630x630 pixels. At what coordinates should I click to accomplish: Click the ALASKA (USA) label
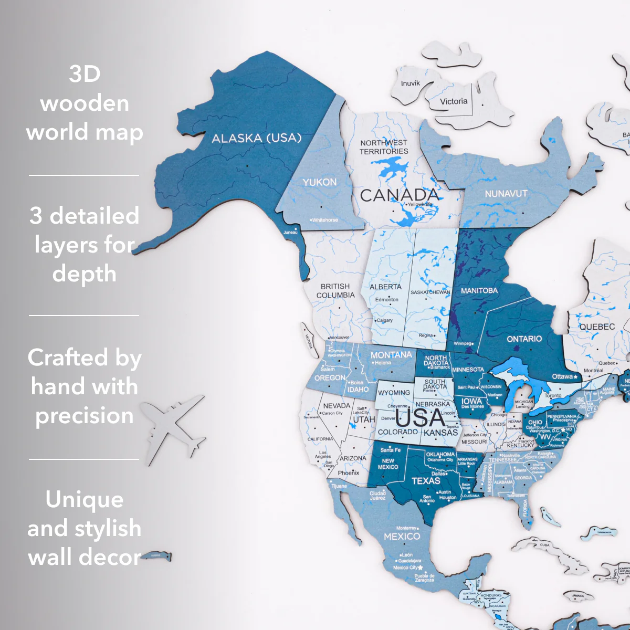[x=257, y=138]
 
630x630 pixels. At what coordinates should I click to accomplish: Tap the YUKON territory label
[x=319, y=182]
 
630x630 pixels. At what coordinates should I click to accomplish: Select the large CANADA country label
[x=399, y=195]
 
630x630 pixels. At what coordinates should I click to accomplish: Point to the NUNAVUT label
[x=506, y=194]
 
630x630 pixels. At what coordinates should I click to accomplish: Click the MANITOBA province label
[x=479, y=290]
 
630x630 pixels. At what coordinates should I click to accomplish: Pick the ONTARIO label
[x=524, y=339]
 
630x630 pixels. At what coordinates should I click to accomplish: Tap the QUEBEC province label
[x=597, y=327]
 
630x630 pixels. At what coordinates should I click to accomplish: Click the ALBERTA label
[x=385, y=287]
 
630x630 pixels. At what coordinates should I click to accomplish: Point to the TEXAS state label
[x=426, y=480]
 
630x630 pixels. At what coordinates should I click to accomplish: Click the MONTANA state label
[x=391, y=355]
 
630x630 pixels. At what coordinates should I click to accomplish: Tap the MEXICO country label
[x=402, y=537]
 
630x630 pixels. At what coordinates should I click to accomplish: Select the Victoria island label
[x=453, y=101]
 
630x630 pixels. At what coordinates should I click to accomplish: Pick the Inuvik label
[x=410, y=83]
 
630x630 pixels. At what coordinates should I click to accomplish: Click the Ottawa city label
[x=562, y=376]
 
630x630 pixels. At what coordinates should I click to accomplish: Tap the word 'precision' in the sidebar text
[x=84, y=415]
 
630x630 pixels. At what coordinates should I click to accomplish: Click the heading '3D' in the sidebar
[x=85, y=73]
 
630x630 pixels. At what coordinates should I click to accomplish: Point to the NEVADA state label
[x=337, y=405]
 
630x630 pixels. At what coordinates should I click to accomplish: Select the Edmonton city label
[x=387, y=299]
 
